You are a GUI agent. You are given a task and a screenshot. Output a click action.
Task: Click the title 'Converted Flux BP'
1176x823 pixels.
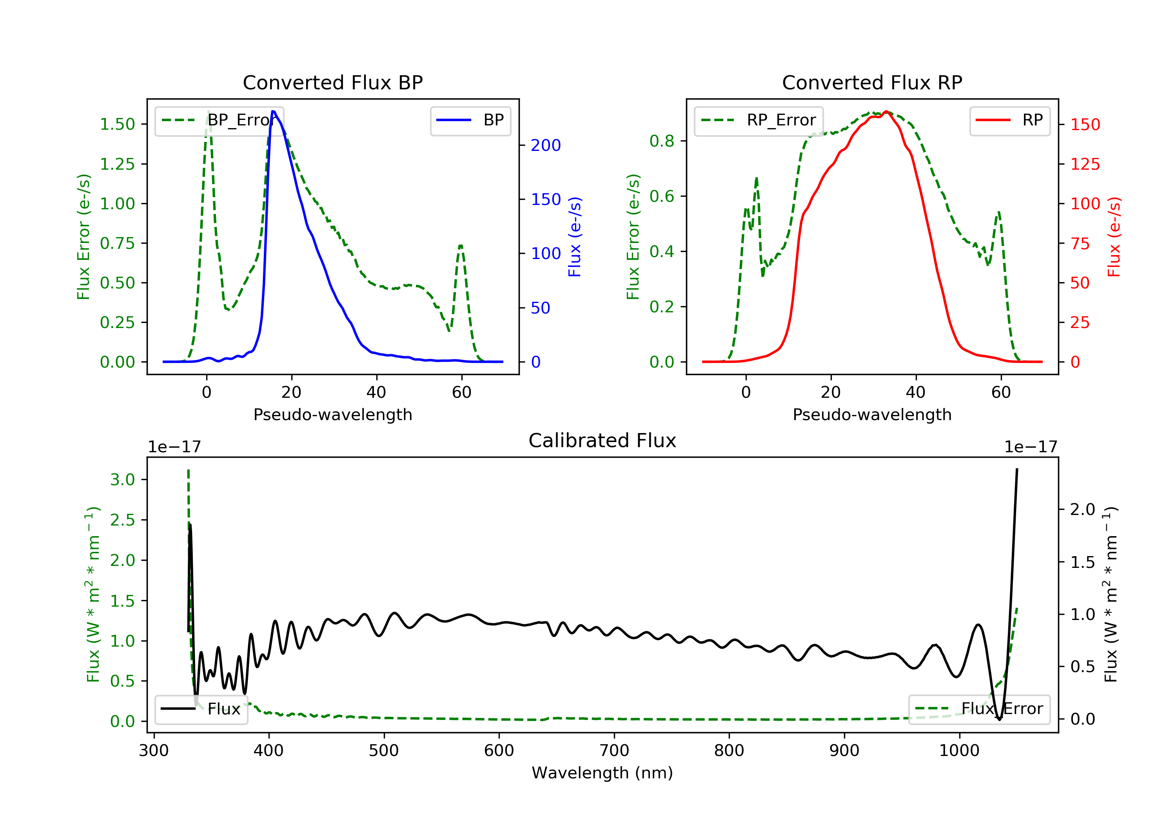point(333,82)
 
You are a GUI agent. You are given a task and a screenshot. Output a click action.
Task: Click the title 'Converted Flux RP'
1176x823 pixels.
point(872,82)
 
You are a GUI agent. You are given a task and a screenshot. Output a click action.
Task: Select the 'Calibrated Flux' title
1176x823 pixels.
point(603,441)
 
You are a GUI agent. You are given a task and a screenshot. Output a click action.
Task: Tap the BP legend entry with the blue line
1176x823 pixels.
point(470,120)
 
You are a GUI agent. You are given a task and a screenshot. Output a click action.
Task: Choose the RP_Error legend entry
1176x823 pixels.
point(759,120)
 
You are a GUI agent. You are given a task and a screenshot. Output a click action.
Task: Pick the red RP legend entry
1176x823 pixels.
point(1009,120)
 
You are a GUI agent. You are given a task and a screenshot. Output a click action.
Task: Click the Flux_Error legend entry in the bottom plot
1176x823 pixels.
point(979,709)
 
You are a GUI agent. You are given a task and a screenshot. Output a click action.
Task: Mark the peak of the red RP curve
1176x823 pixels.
point(886,111)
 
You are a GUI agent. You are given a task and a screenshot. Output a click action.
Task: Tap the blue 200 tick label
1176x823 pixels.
point(546,145)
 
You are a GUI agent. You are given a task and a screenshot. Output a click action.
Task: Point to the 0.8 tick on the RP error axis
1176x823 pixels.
point(662,141)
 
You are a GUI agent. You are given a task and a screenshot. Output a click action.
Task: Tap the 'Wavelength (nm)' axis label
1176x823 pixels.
point(603,773)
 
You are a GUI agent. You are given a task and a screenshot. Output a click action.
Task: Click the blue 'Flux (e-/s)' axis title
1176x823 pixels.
point(575,237)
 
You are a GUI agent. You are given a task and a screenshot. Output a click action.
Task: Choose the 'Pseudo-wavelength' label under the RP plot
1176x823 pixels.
point(872,414)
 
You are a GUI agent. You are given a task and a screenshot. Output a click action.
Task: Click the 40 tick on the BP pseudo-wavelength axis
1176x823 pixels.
point(376,392)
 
